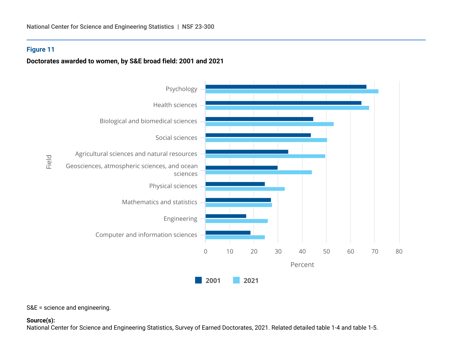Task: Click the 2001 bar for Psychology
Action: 286,87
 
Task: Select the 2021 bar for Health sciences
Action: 287,108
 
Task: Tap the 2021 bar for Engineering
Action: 237,221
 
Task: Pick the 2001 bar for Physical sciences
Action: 235,184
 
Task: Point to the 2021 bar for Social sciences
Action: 266,140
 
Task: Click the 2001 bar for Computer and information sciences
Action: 228,233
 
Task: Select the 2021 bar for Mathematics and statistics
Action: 239,205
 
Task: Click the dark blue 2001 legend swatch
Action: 198,280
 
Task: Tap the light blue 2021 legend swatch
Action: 236,280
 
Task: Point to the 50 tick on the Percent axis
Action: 326,251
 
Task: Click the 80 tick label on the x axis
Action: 399,251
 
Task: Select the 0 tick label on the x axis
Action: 205,251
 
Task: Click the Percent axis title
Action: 302,265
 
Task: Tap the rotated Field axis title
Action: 49,162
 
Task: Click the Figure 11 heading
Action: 40,50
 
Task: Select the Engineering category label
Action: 180,219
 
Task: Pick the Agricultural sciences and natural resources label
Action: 136,154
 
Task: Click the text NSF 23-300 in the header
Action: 198,27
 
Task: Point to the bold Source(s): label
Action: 41,320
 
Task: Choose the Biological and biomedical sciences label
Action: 148,121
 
